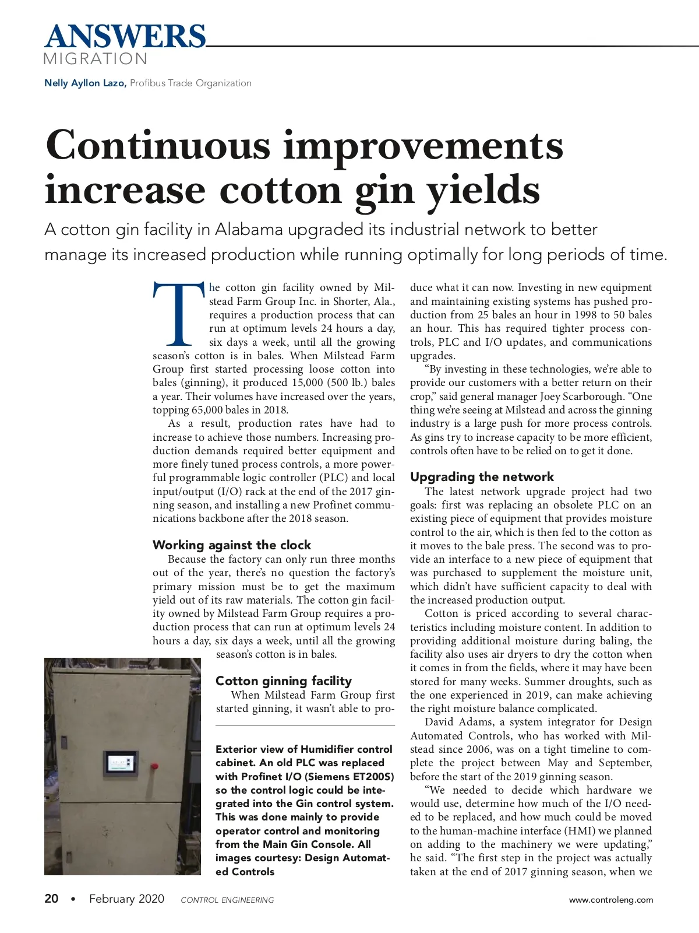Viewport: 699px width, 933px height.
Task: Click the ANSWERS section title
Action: [x=125, y=36]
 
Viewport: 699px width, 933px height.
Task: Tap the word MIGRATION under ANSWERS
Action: [x=96, y=59]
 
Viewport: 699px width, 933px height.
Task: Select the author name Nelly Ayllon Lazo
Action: [x=85, y=83]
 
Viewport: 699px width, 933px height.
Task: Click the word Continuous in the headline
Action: [x=158, y=145]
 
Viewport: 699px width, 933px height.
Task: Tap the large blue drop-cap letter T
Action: [x=179, y=315]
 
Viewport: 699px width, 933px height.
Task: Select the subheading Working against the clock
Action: [x=232, y=545]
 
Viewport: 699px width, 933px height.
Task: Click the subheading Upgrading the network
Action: [x=482, y=477]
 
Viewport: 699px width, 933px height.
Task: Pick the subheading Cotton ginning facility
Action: [x=284, y=681]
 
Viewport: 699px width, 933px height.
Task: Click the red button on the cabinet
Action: [x=155, y=764]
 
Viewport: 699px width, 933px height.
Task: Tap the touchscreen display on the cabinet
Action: [x=121, y=762]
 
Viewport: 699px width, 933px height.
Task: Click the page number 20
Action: [x=51, y=899]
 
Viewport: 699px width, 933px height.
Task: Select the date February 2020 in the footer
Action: [x=126, y=899]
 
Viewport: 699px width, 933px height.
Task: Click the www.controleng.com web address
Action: [x=611, y=900]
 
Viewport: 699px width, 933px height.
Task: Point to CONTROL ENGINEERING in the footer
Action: [x=227, y=900]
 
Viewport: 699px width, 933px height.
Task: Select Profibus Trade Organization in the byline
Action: [x=190, y=83]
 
